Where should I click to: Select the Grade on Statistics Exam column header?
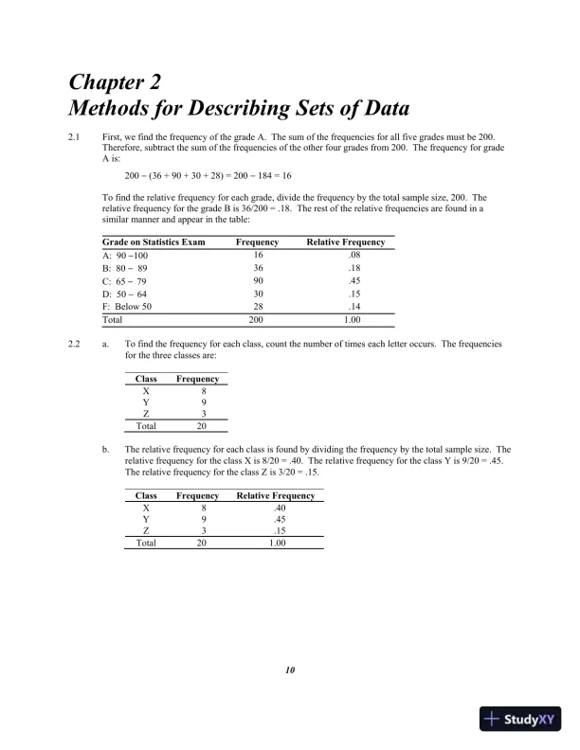(153, 242)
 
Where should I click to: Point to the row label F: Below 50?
(134, 307)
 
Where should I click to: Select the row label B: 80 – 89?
(126, 268)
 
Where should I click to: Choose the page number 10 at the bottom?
(290, 671)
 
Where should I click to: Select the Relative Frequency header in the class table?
(275, 495)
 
